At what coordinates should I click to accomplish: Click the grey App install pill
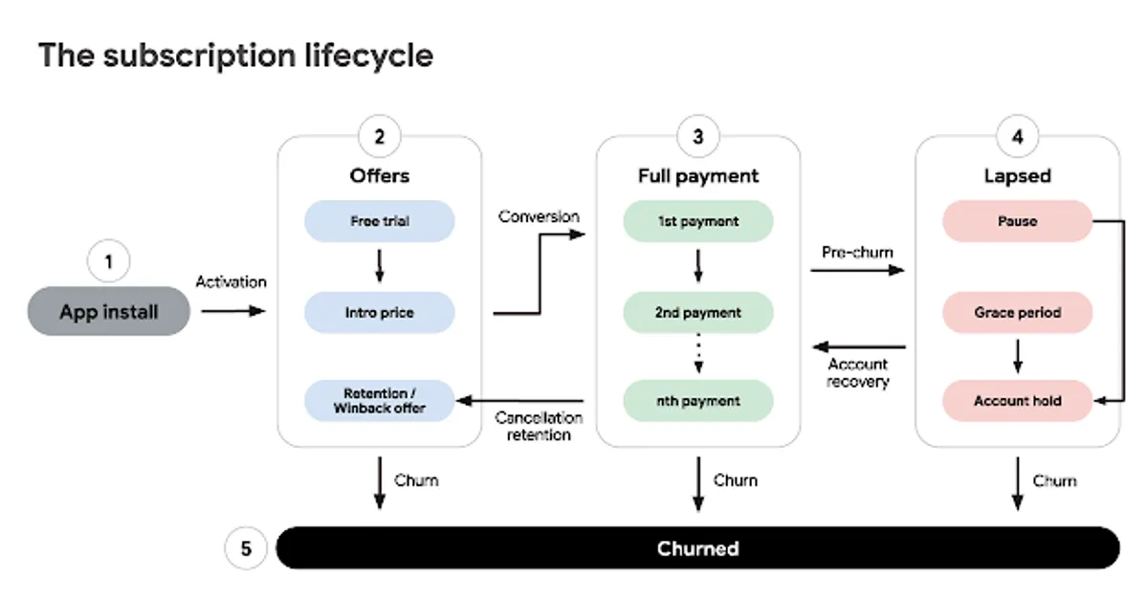(x=109, y=311)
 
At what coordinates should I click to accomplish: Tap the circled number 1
(x=109, y=261)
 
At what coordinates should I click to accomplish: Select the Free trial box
(x=379, y=221)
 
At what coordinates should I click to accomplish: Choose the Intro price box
(x=379, y=312)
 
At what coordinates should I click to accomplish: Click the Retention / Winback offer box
(x=379, y=400)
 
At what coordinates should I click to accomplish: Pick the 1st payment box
(x=698, y=221)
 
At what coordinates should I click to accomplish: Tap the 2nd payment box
(x=698, y=312)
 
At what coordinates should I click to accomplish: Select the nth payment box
(x=698, y=400)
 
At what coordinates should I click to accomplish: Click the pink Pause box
(x=1017, y=221)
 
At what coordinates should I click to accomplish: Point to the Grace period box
(x=1017, y=312)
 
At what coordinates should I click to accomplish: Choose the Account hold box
(x=1017, y=400)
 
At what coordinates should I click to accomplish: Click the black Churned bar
(x=698, y=547)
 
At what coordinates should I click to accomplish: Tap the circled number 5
(x=246, y=548)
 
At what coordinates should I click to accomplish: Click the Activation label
(x=232, y=282)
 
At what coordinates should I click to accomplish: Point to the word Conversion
(x=539, y=217)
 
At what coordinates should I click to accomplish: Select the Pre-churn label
(x=857, y=253)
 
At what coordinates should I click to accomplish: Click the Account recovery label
(x=857, y=372)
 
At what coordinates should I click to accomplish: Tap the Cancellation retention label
(x=539, y=426)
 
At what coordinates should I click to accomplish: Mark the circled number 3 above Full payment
(x=698, y=136)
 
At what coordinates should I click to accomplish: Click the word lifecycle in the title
(x=369, y=56)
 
